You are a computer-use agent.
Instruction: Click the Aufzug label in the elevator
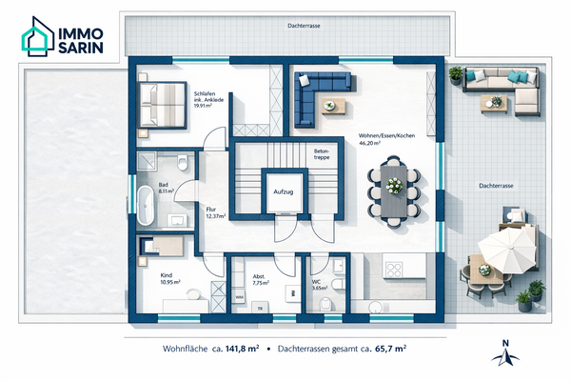pos(284,191)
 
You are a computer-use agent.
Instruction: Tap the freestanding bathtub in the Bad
pos(146,206)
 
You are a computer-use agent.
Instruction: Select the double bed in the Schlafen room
pos(163,105)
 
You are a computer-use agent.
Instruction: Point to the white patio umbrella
pos(507,250)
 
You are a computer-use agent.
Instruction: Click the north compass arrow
pos(505,355)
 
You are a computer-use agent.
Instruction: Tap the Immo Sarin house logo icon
pos(38,36)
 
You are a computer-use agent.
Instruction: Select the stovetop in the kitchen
pos(394,270)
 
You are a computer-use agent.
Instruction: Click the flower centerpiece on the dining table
pos(394,185)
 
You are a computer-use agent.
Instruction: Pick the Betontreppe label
pos(322,154)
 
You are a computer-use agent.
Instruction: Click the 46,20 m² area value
pos(369,143)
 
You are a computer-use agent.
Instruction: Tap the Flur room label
pos(211,210)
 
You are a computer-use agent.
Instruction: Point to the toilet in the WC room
pos(337,283)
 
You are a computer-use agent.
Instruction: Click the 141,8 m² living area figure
pos(242,349)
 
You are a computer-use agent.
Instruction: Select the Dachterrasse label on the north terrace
pos(304,26)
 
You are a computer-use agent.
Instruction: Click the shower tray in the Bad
pos(147,161)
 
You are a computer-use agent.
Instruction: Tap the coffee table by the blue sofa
pos(334,106)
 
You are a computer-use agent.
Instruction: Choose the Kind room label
pos(166,275)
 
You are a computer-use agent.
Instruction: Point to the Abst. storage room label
pos(259,276)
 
